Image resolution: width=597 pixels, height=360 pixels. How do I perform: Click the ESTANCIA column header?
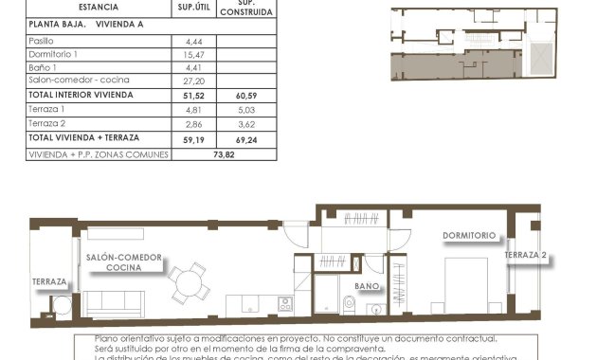[99, 8]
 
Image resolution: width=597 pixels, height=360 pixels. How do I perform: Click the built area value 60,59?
[246, 96]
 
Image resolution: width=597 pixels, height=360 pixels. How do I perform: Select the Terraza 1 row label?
[46, 110]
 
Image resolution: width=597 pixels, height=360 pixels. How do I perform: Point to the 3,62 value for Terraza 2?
[246, 124]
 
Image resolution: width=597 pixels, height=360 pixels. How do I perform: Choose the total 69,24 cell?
[246, 138]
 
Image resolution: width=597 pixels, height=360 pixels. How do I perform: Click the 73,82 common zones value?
[224, 153]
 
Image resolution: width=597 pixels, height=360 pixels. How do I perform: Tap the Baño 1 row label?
[43, 68]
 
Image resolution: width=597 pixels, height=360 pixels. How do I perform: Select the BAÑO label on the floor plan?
[367, 285]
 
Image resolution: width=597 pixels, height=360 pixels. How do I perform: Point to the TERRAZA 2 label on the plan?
[528, 256]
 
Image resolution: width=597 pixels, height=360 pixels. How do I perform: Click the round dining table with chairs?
[189, 281]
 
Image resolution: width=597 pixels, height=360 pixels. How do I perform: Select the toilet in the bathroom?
[349, 304]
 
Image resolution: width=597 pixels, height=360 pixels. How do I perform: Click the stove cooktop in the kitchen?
[284, 304]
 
